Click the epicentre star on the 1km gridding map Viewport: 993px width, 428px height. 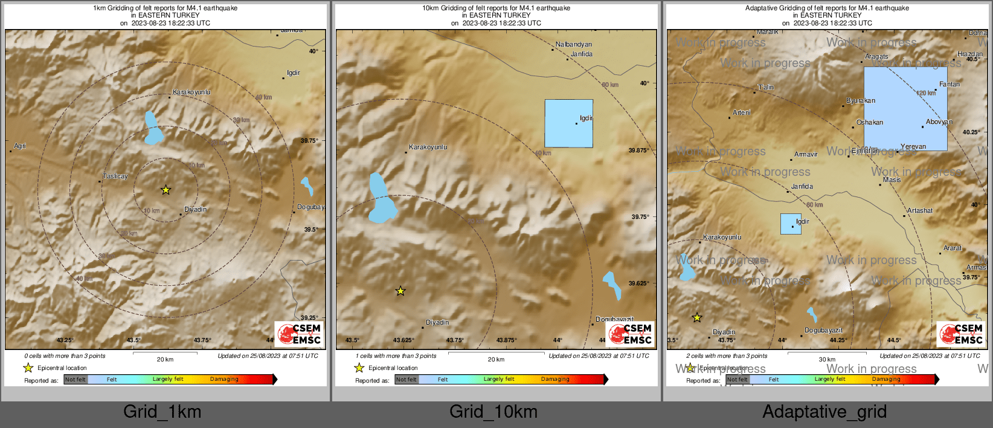(165, 190)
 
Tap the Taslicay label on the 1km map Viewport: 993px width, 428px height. (115, 176)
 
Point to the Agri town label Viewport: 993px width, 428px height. (20, 146)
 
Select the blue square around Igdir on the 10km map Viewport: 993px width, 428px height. (568, 123)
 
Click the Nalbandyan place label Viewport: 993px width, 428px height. (574, 44)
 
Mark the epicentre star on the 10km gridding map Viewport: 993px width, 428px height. (400, 291)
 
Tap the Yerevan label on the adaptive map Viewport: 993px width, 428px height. (913, 146)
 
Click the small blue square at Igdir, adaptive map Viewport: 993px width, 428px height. (791, 224)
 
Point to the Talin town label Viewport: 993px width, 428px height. (766, 87)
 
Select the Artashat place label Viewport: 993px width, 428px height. (919, 210)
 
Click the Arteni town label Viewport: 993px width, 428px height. (742, 112)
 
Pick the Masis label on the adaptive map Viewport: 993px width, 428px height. (892, 180)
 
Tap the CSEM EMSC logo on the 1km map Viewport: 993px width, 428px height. (299, 334)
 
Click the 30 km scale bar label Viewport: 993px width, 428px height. (827, 359)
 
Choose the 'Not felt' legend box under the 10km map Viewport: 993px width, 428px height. (407, 380)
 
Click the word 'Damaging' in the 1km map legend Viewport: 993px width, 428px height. (224, 379)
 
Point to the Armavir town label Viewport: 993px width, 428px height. (806, 154)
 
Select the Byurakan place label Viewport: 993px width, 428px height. (860, 100)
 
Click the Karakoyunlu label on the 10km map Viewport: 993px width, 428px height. (428, 147)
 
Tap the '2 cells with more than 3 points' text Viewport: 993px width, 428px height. (727, 355)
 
